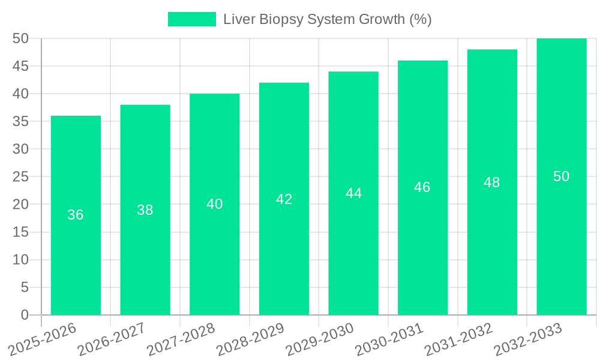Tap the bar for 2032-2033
[x=562, y=252]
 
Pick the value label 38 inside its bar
[x=145, y=210]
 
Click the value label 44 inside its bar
[x=353, y=193]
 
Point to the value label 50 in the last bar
[x=562, y=176]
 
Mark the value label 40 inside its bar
[x=215, y=204]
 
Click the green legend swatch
[x=191, y=19]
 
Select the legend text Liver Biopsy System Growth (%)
[x=328, y=19]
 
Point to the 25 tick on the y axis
[x=20, y=177]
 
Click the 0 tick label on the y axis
[x=25, y=315]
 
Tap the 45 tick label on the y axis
[x=20, y=66]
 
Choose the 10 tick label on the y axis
[x=20, y=260]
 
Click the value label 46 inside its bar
[x=422, y=187]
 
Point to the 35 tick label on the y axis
[x=20, y=121]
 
